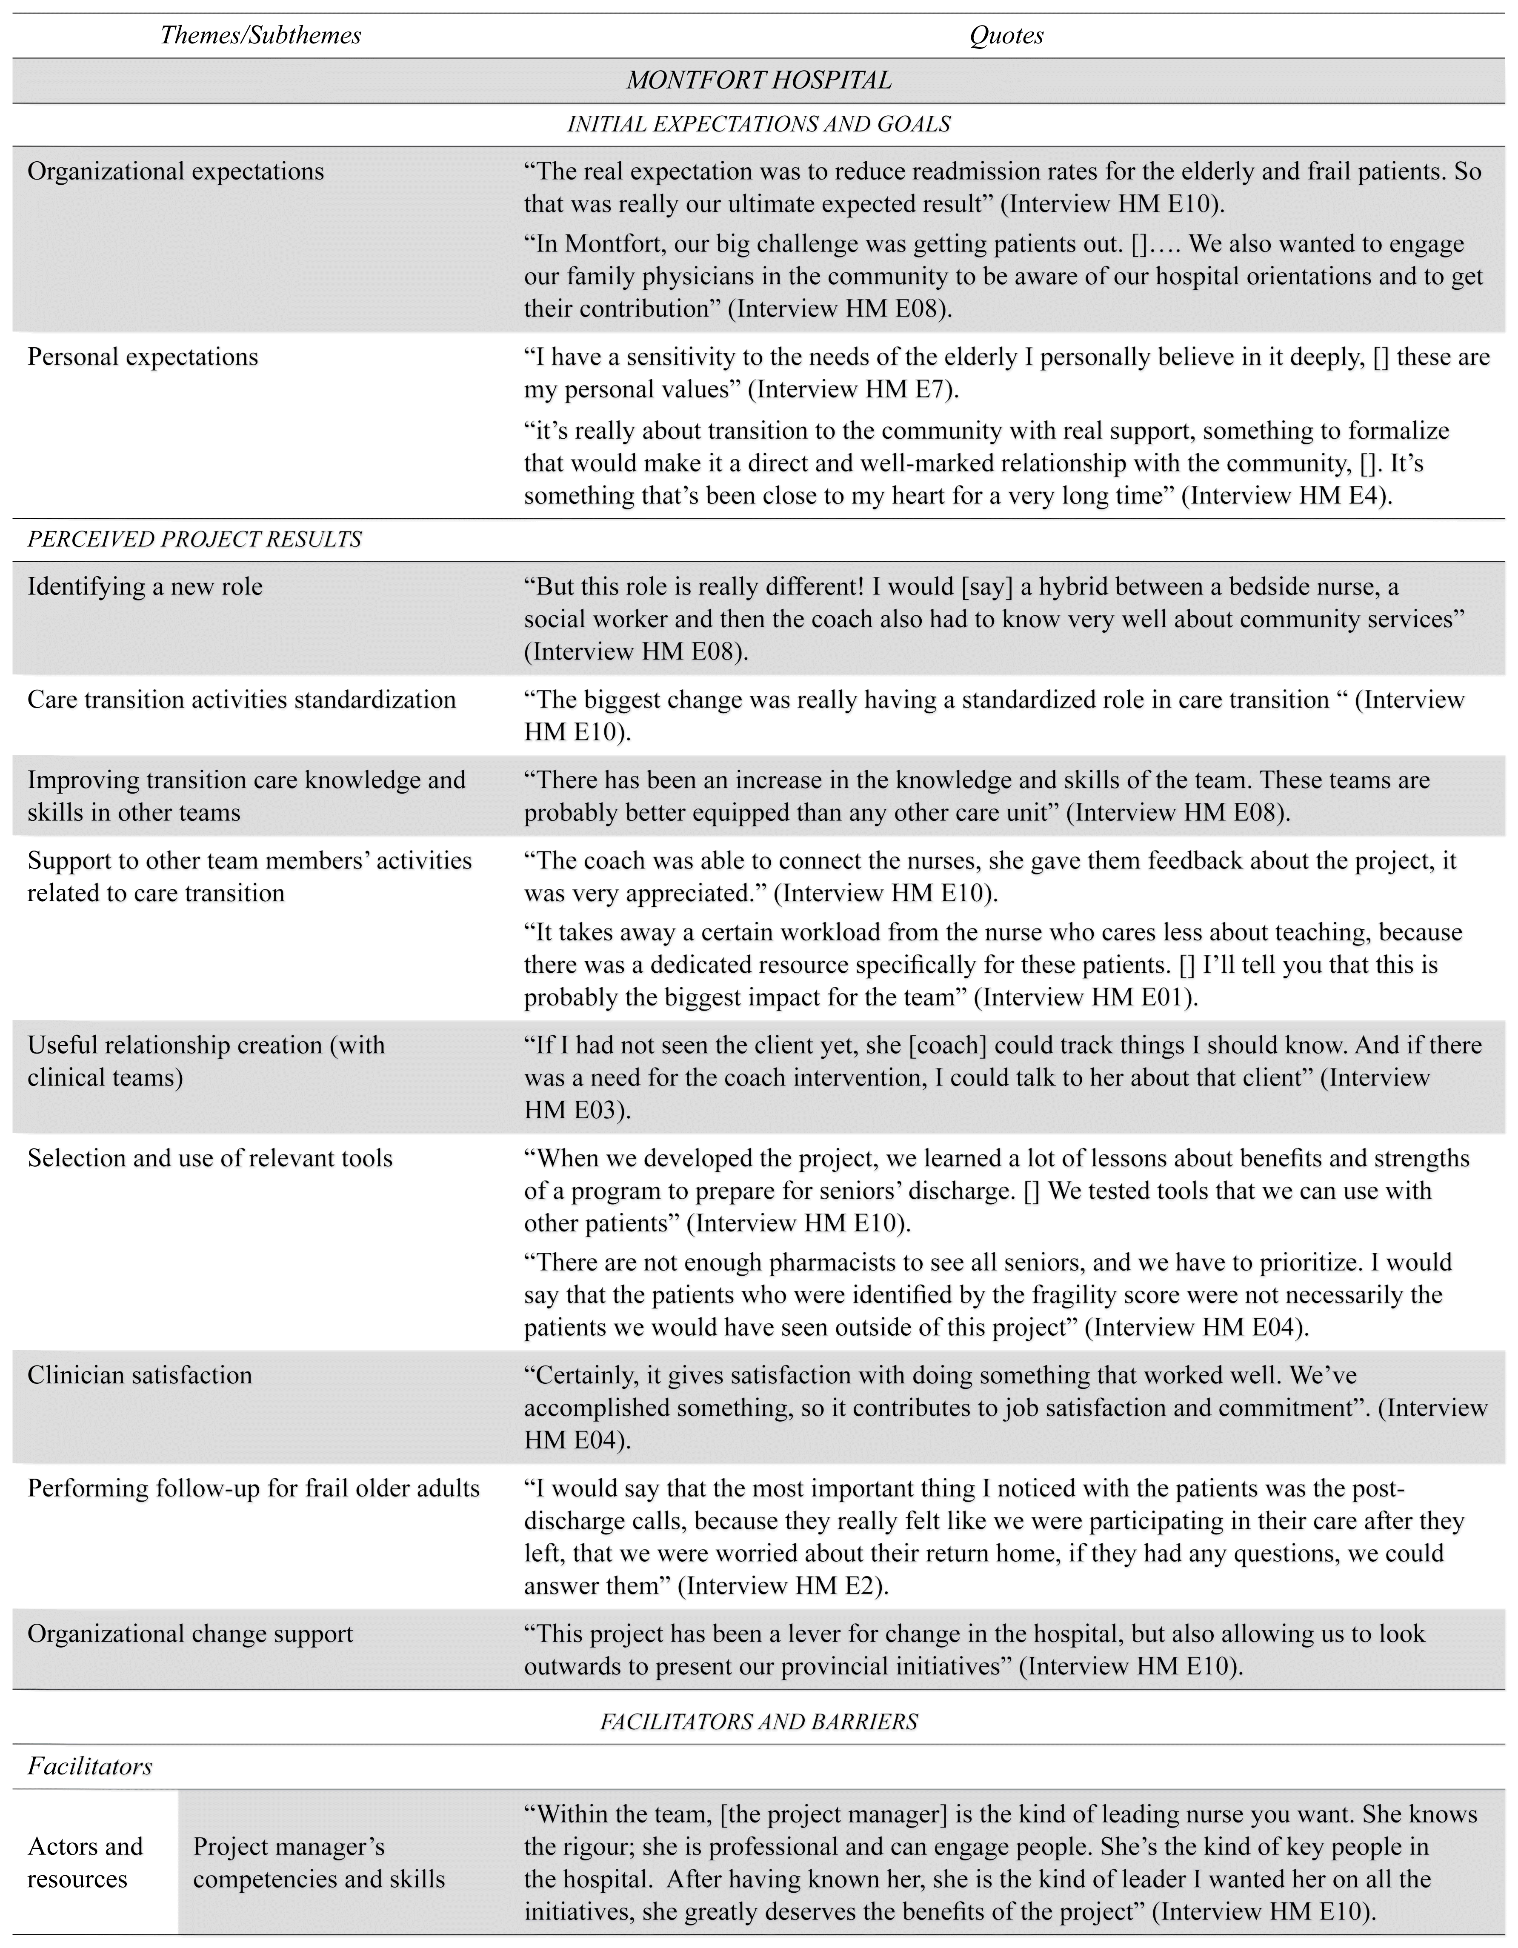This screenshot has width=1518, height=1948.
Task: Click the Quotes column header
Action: pyautogui.click(x=1006, y=36)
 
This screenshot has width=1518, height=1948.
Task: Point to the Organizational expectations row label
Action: pyautogui.click(x=176, y=171)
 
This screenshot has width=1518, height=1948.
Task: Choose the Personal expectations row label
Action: pyautogui.click(x=143, y=357)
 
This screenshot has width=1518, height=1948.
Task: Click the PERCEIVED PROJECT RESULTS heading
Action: pyautogui.click(x=194, y=540)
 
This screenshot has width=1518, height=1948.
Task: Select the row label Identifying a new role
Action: pyautogui.click(x=146, y=587)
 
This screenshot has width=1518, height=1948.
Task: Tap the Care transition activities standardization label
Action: pyautogui.click(x=242, y=699)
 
